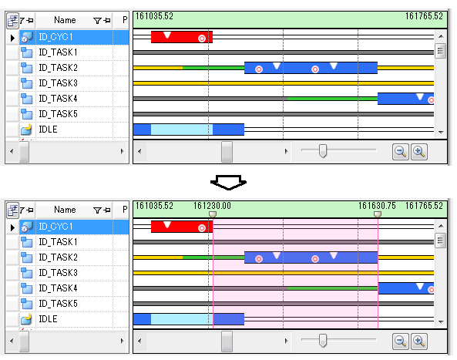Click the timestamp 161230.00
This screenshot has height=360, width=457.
point(212,206)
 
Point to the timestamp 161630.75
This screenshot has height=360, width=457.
point(377,206)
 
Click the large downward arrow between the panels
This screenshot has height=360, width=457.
point(228,183)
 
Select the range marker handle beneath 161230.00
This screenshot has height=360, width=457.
point(213,214)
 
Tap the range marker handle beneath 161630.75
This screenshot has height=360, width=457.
point(378,214)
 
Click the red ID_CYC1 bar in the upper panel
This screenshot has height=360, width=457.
point(182,37)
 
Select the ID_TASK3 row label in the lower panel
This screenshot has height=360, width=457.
point(59,273)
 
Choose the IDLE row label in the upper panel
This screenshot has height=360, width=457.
point(48,130)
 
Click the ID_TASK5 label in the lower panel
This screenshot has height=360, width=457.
point(59,304)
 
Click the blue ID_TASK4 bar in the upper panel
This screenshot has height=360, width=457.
point(405,99)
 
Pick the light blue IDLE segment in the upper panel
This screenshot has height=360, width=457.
point(182,130)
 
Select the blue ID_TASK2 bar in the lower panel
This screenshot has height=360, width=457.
point(311,257)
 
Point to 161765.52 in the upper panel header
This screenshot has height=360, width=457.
point(424,16)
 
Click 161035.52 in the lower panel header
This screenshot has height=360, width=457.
point(154,206)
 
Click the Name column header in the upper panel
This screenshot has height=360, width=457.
point(65,20)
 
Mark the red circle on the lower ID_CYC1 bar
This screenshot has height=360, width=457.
point(202,228)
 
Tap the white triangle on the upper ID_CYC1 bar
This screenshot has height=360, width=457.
point(167,35)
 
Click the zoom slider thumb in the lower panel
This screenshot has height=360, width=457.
point(323,341)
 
